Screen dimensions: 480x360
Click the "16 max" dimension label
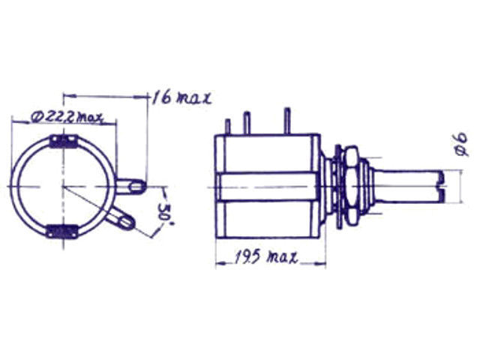pos(181,97)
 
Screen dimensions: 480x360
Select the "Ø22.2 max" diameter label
pos(67,117)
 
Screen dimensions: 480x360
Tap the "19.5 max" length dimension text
pos(266,256)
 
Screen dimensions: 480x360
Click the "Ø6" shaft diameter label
pos(462,144)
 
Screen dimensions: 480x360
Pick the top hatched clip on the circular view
pos(63,142)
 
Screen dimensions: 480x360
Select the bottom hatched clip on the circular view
pos(61,231)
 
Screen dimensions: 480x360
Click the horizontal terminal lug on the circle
pos(130,187)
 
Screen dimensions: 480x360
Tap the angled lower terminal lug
pos(121,218)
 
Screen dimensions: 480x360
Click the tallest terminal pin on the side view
pos(286,121)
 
